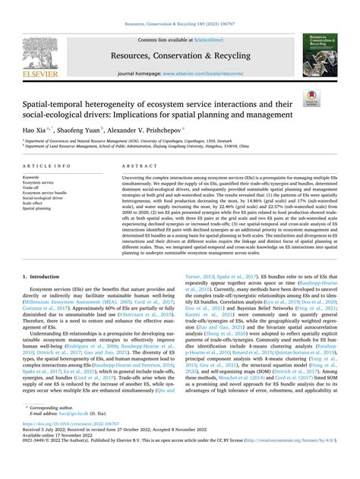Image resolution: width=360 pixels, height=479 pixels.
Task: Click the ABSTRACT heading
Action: pyautogui.click(x=134, y=164)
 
